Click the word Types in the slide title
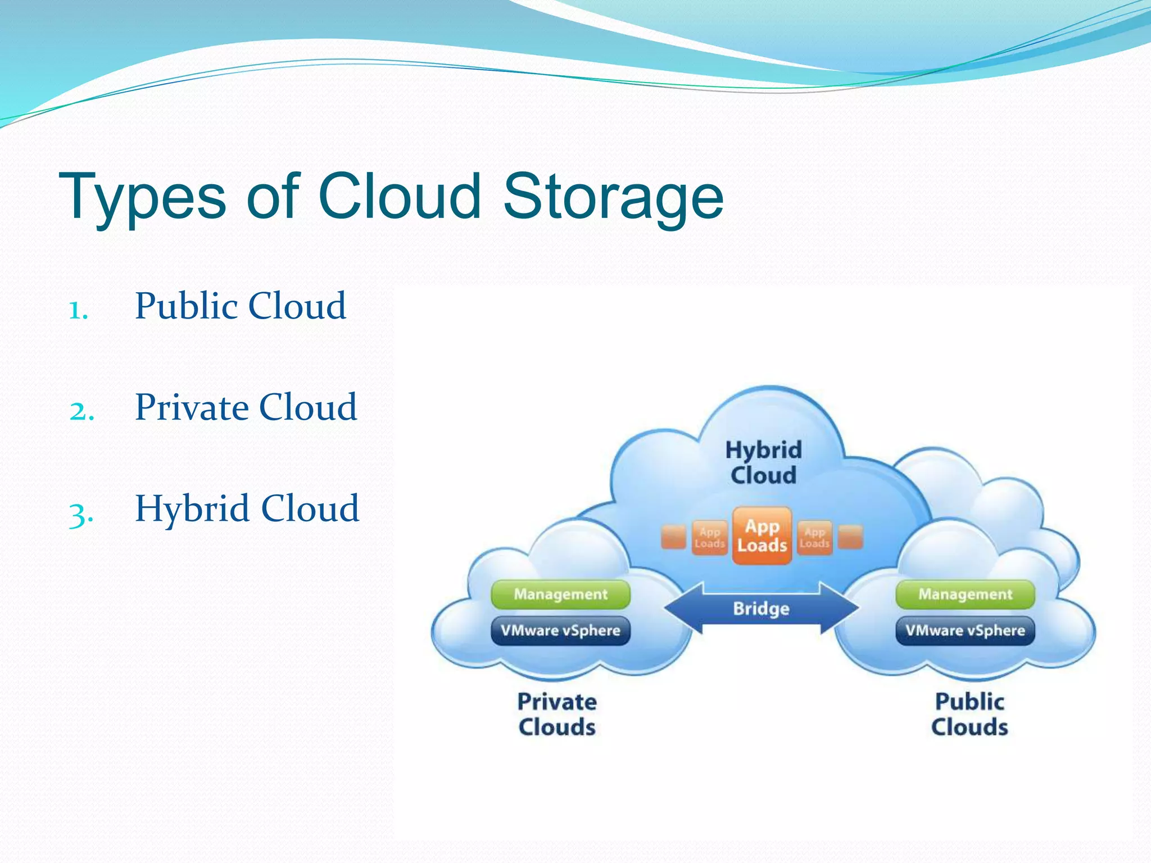(x=143, y=197)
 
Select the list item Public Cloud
(x=241, y=306)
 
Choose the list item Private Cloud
(x=246, y=407)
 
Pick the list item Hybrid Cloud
(x=247, y=508)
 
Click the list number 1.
(x=79, y=310)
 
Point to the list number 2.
(x=81, y=411)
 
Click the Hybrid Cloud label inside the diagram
(x=763, y=462)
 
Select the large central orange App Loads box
(x=762, y=536)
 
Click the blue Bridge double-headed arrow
(x=762, y=608)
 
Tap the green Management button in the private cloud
(x=560, y=594)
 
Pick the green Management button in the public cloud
(x=965, y=594)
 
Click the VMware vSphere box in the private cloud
(x=560, y=630)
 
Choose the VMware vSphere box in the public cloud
(x=965, y=630)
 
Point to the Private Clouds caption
(x=557, y=714)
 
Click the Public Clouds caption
(x=969, y=714)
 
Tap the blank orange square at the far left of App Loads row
(x=673, y=537)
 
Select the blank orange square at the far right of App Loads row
(x=850, y=537)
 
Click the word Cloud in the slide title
(x=400, y=197)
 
